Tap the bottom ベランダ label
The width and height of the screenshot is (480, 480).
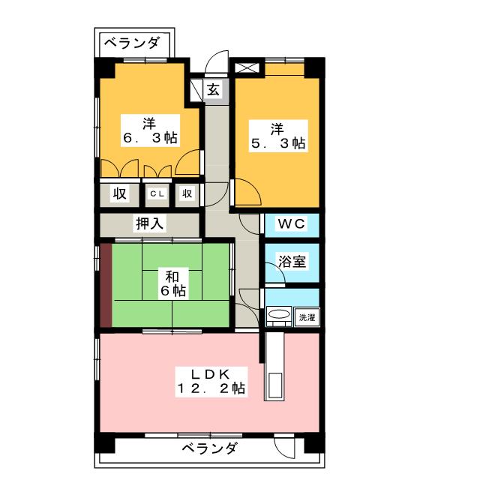[210, 448]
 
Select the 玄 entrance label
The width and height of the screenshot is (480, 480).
[213, 91]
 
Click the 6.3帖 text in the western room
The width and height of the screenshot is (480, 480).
[150, 138]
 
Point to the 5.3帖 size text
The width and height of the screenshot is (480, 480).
[277, 142]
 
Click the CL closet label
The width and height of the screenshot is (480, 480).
[157, 193]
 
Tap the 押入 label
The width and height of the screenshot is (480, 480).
[150, 223]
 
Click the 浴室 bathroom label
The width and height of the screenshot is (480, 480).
[291, 262]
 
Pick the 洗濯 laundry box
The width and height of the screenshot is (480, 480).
[307, 316]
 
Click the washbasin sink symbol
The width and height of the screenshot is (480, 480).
[279, 316]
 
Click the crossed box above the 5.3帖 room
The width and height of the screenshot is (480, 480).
[246, 68]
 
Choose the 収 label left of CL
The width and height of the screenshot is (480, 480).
[120, 193]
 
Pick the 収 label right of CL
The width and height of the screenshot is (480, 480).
[187, 193]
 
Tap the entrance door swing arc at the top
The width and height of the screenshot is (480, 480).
[218, 61]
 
